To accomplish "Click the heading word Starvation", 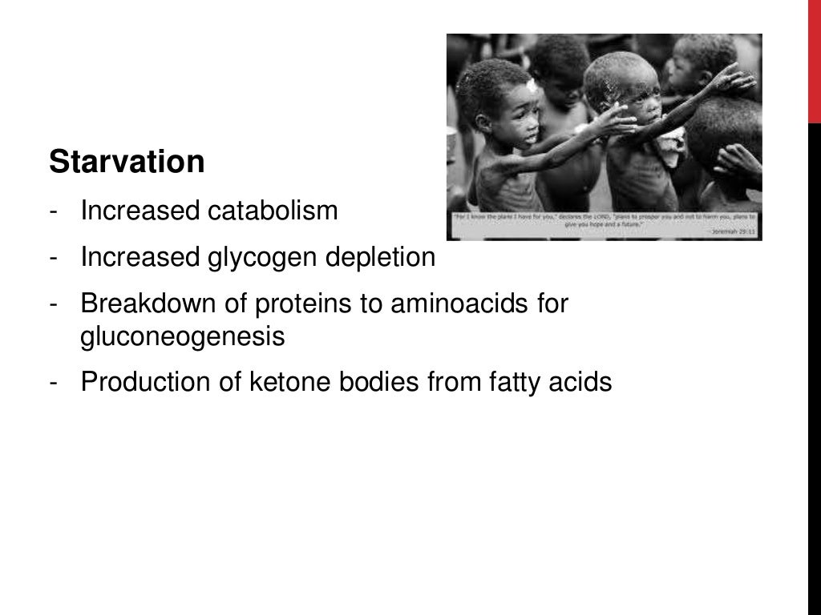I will pos(127,163).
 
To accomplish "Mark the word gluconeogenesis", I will pos(183,337).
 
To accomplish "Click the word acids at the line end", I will pos(582,383).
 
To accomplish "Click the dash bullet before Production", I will pos(53,384).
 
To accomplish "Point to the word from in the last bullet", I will pos(457,383).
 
